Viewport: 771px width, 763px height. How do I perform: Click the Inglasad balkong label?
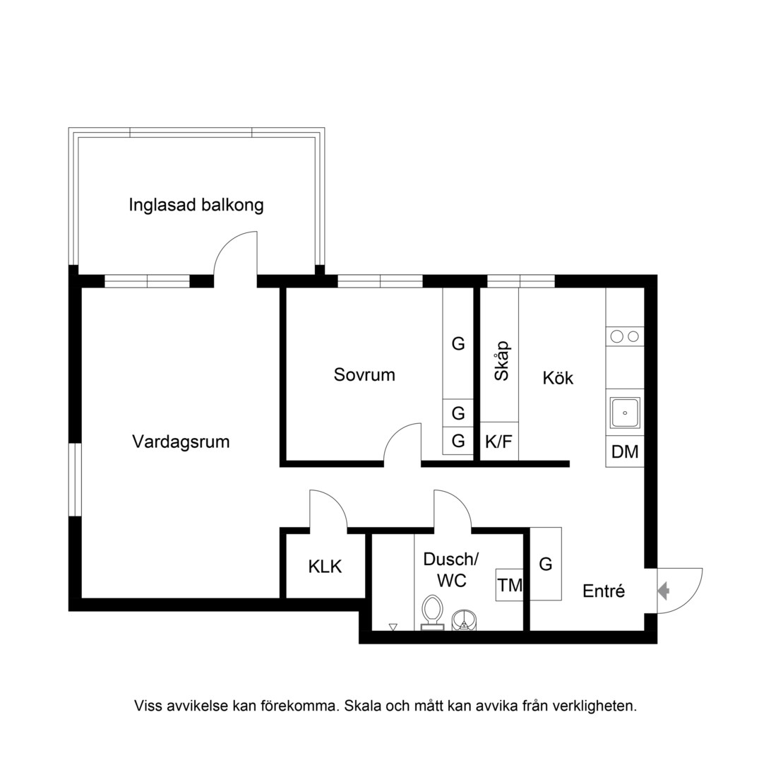pos(196,205)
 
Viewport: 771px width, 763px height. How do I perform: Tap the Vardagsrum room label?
pos(181,442)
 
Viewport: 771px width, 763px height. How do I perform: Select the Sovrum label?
pos(364,375)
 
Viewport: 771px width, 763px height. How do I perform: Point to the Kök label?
pos(558,378)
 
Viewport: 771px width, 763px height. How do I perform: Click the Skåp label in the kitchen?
pos(501,361)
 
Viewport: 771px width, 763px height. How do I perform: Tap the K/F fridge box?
pos(499,442)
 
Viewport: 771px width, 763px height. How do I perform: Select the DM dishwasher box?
pos(625,451)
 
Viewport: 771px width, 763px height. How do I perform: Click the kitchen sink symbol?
pos(625,413)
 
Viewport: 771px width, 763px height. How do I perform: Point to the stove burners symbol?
pos(625,336)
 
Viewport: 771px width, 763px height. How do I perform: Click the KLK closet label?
pos(325,567)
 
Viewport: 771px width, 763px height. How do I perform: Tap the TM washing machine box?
pos(510,585)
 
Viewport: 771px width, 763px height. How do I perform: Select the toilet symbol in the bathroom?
pos(433,613)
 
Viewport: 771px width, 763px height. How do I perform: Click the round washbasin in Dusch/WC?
pos(464,620)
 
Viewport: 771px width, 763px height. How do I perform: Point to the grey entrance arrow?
pos(663,591)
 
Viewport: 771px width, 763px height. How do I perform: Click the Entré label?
pos(604,591)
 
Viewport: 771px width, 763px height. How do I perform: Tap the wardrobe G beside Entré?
pos(546,564)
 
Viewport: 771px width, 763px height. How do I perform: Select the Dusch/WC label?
pos(451,569)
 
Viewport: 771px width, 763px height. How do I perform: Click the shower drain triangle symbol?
pos(393,627)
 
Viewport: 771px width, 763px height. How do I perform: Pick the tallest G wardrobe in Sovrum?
pos(458,343)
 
